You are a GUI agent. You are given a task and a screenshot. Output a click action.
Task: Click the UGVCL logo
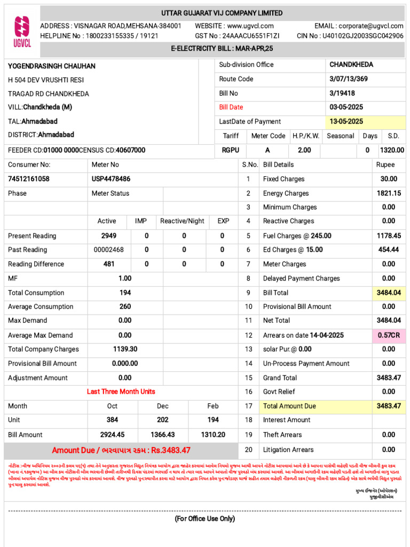click(22, 32)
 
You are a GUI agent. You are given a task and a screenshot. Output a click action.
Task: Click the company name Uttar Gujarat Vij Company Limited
click(222, 13)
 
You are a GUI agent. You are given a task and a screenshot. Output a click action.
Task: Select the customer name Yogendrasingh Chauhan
click(52, 66)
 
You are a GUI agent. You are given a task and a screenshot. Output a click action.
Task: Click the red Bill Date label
click(231, 107)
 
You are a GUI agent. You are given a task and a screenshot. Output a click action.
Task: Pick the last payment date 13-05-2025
click(346, 122)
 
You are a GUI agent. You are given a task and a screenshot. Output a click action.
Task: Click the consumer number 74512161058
click(29, 179)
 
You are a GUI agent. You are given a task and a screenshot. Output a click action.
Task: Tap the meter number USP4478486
click(111, 179)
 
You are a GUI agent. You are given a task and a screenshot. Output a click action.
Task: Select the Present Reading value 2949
click(108, 236)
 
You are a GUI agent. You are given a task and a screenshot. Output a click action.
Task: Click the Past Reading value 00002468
click(108, 250)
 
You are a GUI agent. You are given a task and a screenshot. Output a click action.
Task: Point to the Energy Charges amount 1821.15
click(389, 193)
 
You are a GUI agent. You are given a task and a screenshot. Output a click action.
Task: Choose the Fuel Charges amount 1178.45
click(389, 236)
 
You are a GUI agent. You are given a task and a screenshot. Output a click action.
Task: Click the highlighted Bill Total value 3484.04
click(389, 293)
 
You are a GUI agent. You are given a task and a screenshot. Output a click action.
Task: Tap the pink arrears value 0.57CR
click(389, 335)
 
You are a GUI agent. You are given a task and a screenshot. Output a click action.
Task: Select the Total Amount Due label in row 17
click(289, 406)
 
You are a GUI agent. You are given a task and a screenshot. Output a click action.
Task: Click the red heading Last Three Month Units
click(121, 392)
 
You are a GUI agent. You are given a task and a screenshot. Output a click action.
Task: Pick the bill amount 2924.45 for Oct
click(113, 435)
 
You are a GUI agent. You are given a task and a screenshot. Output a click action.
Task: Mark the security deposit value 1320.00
click(392, 150)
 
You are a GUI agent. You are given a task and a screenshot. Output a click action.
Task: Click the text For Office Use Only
click(204, 519)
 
